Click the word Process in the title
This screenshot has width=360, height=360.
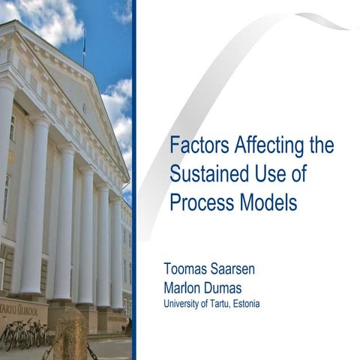click(198, 202)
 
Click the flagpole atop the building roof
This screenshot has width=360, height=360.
click(84, 46)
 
